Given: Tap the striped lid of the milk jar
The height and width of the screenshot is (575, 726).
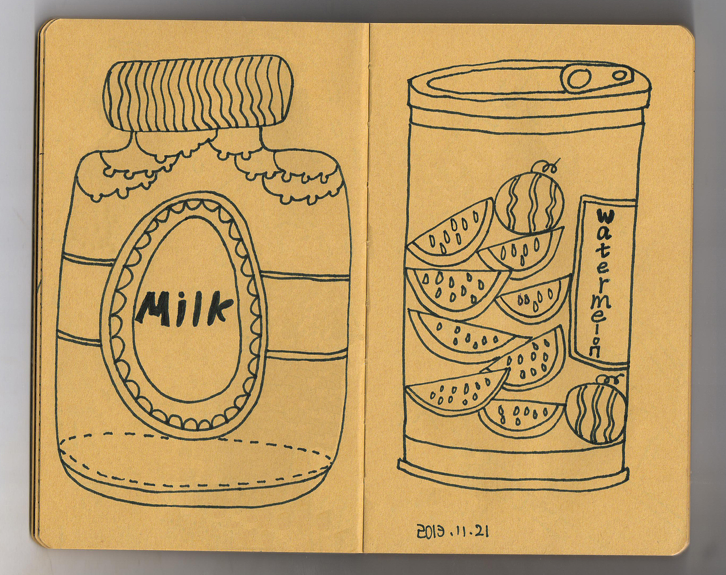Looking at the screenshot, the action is (198, 93).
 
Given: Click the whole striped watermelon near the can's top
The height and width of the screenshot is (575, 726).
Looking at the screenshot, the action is (529, 204).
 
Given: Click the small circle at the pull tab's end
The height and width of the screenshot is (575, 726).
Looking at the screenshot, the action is (621, 75).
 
